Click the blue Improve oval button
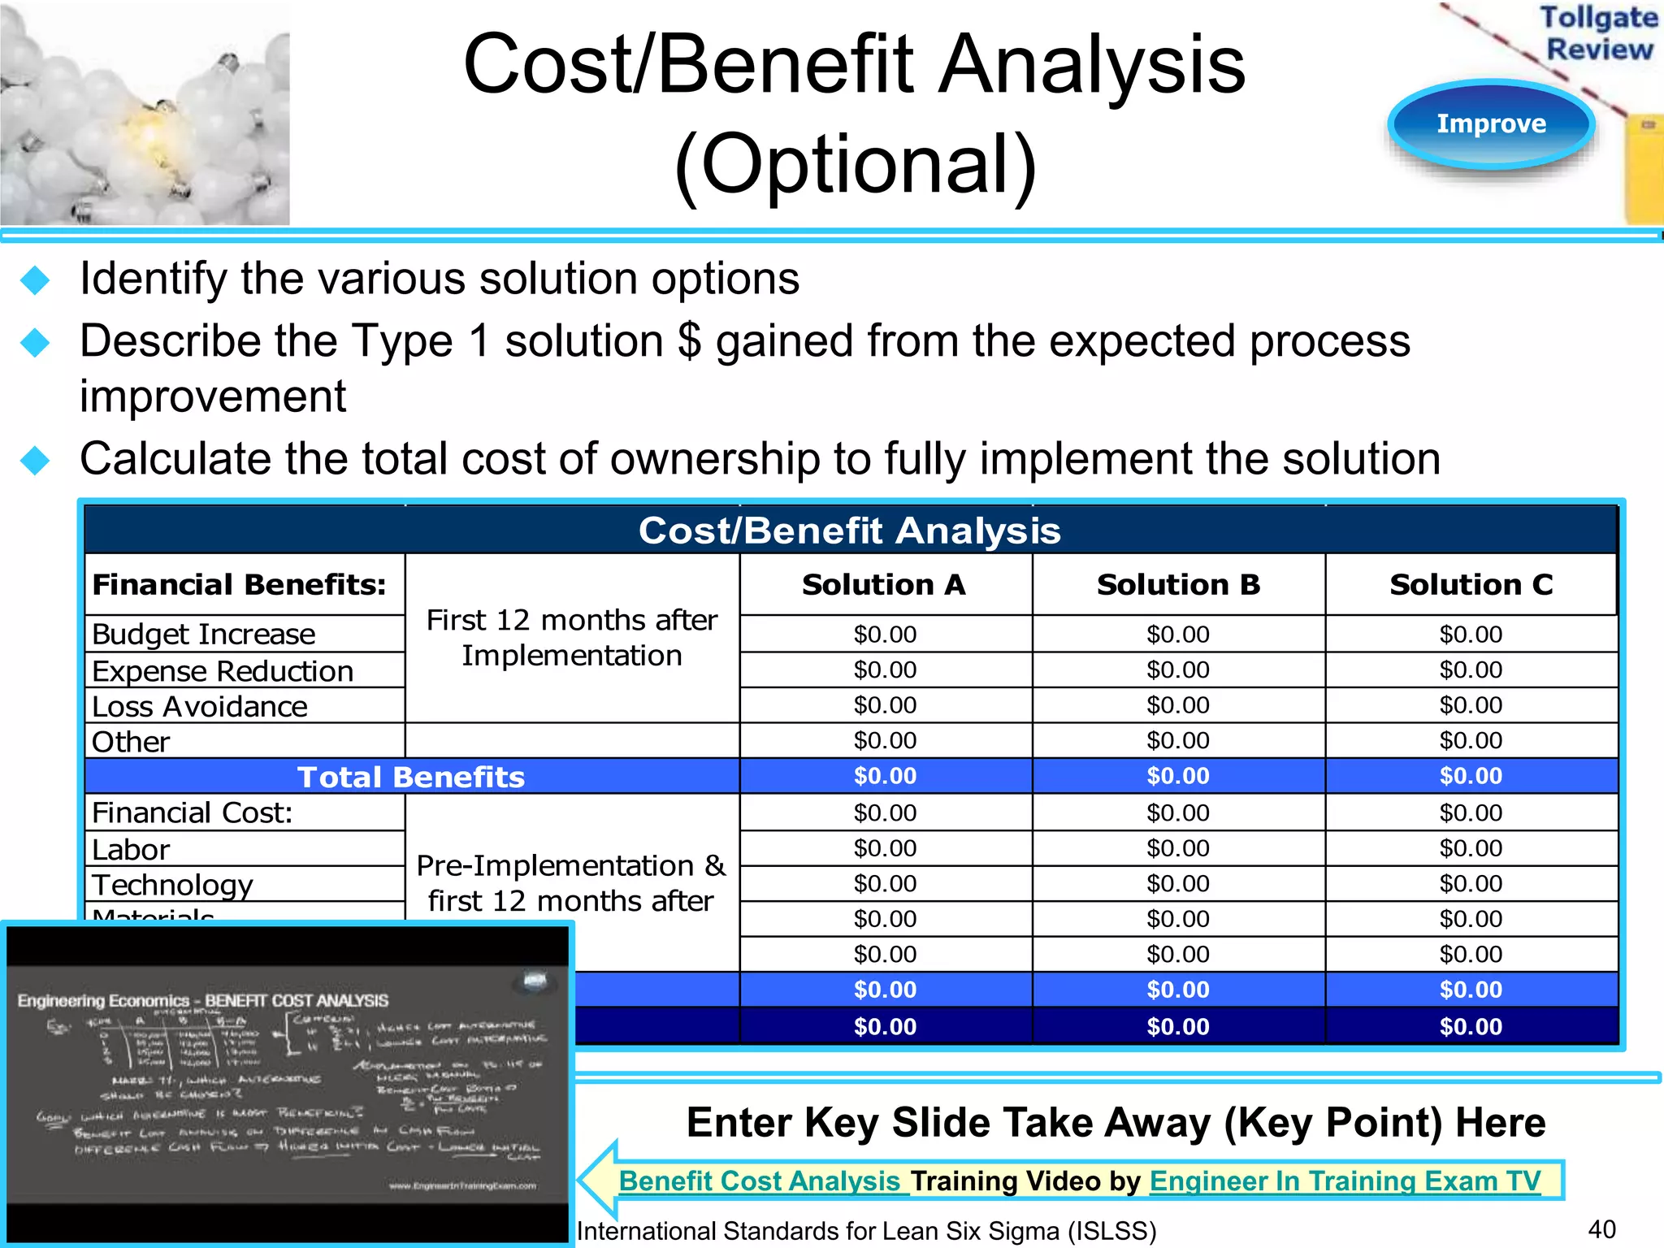[1491, 124]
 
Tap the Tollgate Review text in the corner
[1598, 33]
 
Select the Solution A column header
[884, 585]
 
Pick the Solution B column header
[1178, 585]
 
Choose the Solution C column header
[1471, 585]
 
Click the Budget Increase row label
[204, 634]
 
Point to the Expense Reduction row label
[223, 671]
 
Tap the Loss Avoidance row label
[200, 707]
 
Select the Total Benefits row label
[411, 777]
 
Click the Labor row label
[131, 850]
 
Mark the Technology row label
[172, 885]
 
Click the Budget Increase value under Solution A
[885, 635]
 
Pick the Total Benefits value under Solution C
[1471, 776]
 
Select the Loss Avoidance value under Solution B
[1178, 705]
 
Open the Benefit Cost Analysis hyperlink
[761, 1181]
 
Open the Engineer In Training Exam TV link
[1345, 1181]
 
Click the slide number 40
[1601, 1229]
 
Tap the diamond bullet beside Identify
[35, 280]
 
